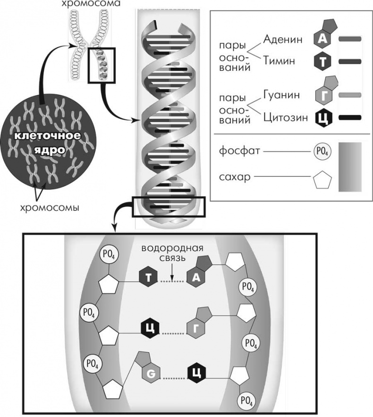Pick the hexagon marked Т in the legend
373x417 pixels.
tap(322, 61)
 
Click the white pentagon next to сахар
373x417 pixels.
tap(322, 179)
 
